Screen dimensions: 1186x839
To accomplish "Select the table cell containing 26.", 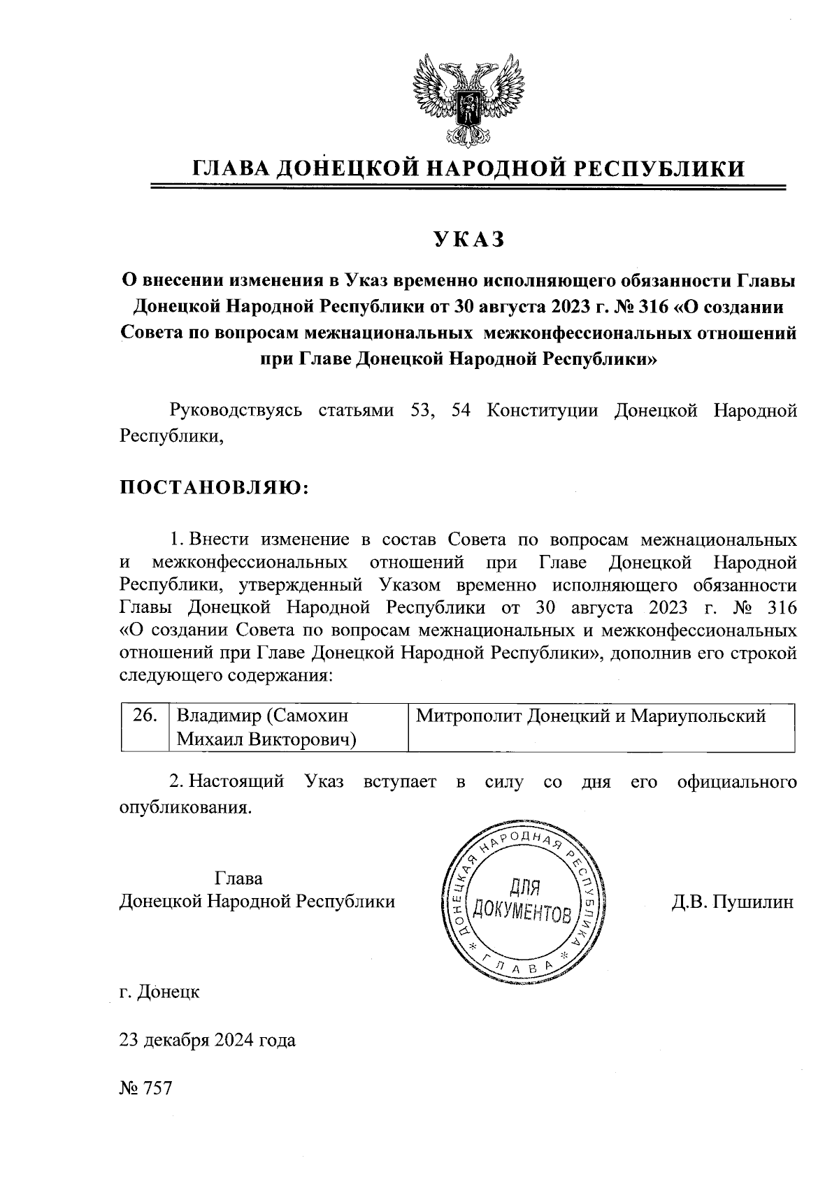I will click(145, 716).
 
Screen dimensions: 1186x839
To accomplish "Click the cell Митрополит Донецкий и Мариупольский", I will click(591, 716).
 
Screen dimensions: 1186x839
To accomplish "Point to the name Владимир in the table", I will click(217, 716).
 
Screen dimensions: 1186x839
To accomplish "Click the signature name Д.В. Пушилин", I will click(733, 902).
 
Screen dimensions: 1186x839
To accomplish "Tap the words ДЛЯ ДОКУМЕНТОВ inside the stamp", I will click(522, 901).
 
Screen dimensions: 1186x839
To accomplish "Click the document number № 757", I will click(145, 1089).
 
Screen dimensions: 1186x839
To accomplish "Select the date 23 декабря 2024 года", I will click(208, 1041).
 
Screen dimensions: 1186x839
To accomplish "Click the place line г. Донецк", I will click(160, 992).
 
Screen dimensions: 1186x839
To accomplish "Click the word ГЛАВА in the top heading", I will click(230, 168).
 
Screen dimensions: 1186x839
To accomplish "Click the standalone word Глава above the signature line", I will click(239, 878).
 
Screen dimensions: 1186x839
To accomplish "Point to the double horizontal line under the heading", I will click(468, 187).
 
